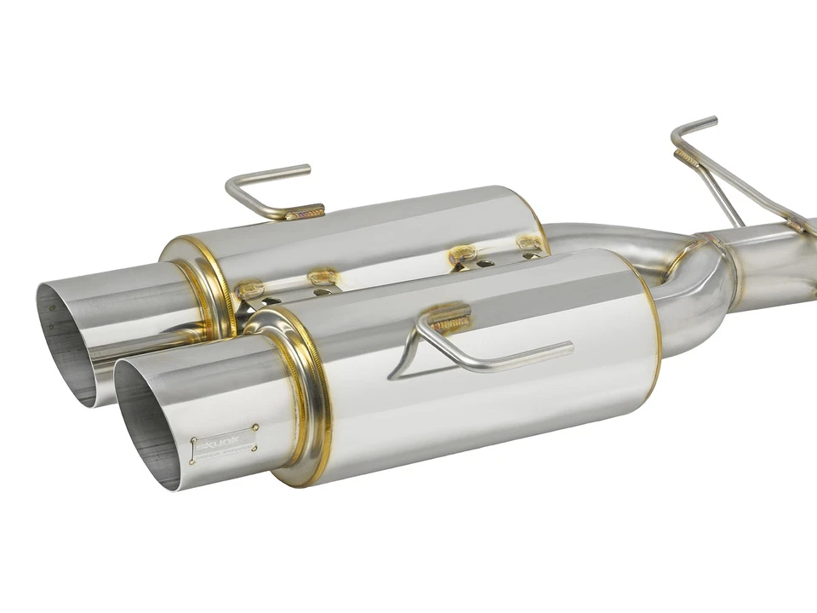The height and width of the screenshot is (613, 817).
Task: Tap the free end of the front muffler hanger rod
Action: point(568,346)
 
